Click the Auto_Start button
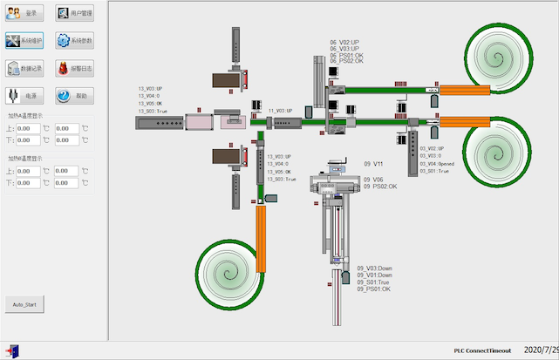(x=24, y=304)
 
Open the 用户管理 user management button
(x=74, y=13)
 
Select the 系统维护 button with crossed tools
(x=24, y=40)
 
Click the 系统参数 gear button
(x=74, y=40)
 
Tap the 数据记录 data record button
(x=24, y=68)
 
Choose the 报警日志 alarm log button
(x=74, y=68)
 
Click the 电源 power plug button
(x=24, y=96)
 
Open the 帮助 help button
(x=74, y=96)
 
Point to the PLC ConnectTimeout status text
(x=482, y=350)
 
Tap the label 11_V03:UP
(x=282, y=112)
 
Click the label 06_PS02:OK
(x=347, y=61)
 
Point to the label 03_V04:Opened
(x=437, y=164)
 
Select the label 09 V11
(x=373, y=164)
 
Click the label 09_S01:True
(x=373, y=282)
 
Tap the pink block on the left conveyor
(x=200, y=123)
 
